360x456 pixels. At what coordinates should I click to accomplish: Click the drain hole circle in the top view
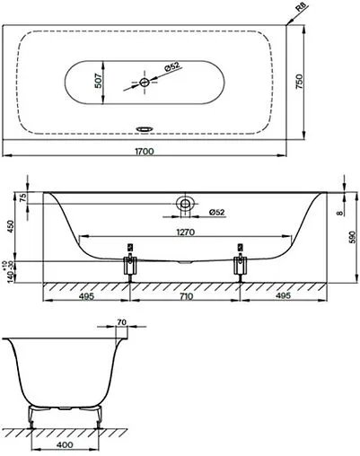(145, 82)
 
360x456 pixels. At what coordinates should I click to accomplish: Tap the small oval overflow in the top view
(145, 127)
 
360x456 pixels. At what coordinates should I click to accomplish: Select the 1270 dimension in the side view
(186, 231)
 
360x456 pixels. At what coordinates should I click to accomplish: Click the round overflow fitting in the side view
(185, 204)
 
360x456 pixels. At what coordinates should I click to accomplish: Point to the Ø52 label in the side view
(215, 212)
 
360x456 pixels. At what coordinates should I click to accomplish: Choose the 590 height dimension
(351, 235)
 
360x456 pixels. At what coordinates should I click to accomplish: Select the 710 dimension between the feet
(185, 295)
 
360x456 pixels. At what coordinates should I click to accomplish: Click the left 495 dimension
(87, 295)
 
